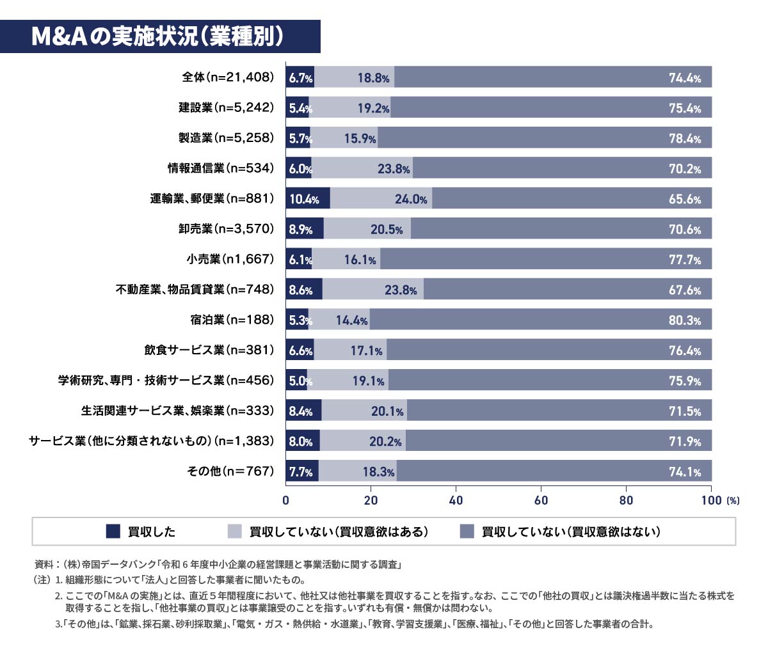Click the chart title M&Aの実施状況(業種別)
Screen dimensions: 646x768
157,37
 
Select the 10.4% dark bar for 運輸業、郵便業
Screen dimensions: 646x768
307,199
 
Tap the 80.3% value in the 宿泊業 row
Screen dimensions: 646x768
685,320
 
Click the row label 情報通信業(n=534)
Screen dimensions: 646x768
221,168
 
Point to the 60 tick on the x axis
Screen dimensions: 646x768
541,500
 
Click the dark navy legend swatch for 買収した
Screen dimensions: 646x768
113,531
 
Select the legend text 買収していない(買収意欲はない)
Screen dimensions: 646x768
571,532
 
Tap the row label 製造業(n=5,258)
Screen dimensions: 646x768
226,138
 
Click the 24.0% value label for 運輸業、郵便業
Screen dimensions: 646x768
411,199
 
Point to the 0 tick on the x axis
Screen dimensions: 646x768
286,500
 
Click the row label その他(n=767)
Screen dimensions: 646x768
230,471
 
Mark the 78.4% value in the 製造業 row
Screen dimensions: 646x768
685,138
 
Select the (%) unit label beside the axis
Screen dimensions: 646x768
733,501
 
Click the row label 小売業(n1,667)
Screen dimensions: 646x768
230,259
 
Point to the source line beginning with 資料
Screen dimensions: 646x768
218,564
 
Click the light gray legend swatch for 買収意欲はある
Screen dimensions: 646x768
234,531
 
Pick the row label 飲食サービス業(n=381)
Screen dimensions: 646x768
209,350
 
